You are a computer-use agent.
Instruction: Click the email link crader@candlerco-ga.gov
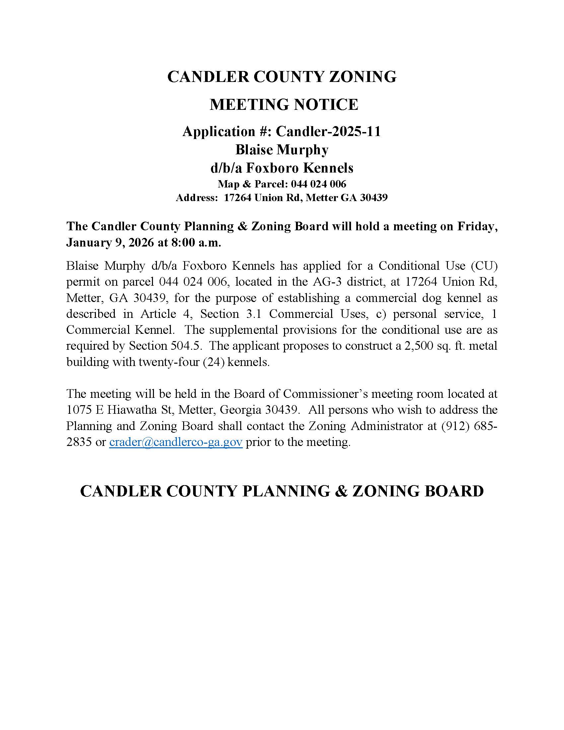[x=176, y=442]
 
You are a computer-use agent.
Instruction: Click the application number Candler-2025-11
[x=328, y=131]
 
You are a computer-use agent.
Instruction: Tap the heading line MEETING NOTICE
[x=284, y=105]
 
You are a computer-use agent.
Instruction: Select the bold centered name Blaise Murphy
[x=282, y=150]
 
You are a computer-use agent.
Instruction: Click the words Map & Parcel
[x=252, y=184]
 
